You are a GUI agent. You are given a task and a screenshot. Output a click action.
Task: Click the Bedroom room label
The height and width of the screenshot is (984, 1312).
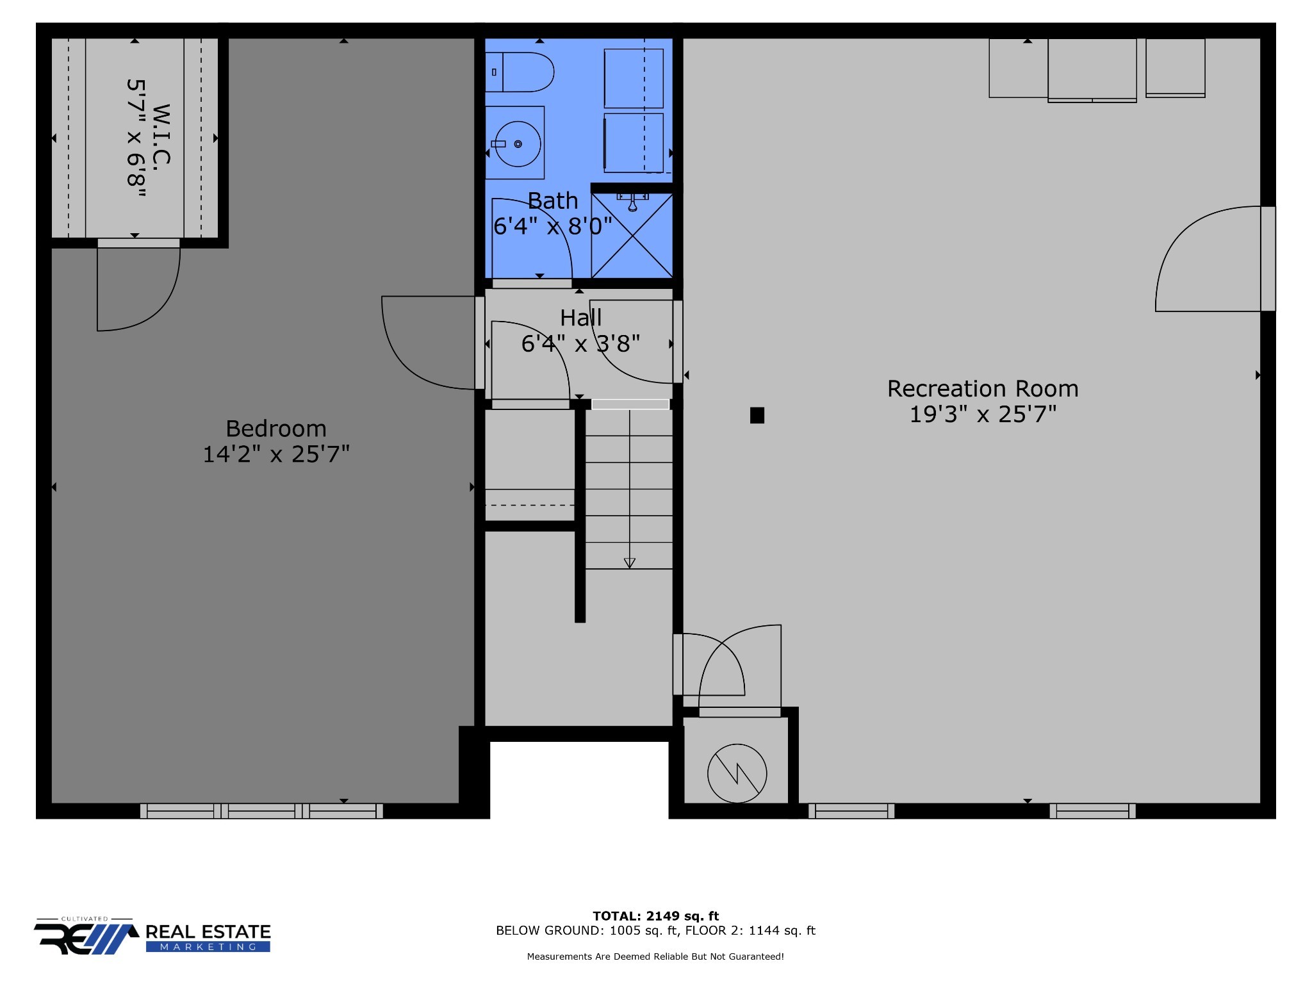[276, 429]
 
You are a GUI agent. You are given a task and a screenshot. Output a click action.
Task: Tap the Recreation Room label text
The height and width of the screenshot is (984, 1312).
[983, 389]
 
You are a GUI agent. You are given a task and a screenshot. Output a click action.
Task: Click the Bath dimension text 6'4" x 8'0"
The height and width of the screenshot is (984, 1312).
[553, 226]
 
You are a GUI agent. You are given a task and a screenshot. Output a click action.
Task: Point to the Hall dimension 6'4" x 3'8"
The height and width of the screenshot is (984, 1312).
[580, 344]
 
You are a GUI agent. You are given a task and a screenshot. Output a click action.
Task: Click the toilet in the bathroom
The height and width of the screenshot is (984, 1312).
[520, 72]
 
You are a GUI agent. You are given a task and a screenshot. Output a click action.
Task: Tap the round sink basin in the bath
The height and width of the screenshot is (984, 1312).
[518, 144]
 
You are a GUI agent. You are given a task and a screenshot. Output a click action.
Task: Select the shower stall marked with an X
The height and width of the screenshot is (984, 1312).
[632, 235]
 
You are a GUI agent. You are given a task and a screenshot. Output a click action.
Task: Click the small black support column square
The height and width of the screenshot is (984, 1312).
[757, 416]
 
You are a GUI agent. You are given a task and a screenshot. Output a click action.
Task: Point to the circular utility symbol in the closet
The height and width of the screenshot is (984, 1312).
[737, 773]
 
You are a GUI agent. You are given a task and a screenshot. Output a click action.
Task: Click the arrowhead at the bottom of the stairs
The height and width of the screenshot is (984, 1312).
[629, 563]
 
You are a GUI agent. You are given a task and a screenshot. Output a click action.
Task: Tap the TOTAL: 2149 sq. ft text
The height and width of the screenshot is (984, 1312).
[655, 916]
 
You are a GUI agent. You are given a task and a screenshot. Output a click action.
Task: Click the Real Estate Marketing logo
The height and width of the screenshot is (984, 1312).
[152, 937]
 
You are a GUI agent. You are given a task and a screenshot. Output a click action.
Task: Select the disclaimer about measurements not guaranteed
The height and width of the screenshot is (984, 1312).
[655, 956]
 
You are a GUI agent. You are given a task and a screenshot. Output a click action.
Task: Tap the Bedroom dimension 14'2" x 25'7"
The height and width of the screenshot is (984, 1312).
[276, 454]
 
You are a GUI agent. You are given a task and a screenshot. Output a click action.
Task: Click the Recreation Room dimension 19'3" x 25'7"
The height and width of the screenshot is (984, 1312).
[983, 414]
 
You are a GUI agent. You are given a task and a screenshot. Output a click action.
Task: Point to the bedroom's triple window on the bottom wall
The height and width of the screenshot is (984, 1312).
[261, 811]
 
